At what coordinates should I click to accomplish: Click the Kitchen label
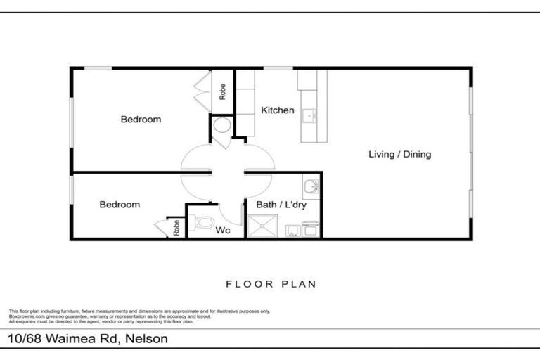pos(278,110)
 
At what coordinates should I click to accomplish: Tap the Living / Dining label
pos(400,155)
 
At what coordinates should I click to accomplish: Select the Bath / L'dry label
pos(281,205)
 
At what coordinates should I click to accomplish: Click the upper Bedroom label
pos(141,120)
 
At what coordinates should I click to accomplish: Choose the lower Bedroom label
pos(120,205)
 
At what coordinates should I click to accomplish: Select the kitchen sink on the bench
pos(309,114)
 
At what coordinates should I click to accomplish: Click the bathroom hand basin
pos(311,186)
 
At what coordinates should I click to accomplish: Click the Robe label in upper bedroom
pos(222,91)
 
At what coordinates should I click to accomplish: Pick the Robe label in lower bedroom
pos(176,227)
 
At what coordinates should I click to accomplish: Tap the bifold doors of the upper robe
pos(201,91)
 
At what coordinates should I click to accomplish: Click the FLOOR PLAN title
pos(271,285)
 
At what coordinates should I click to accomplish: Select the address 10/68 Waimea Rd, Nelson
pos(88,338)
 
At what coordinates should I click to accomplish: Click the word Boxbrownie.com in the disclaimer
pos(26,316)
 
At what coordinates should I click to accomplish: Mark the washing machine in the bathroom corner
pos(311,229)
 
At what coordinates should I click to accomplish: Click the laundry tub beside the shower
pos(292,229)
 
